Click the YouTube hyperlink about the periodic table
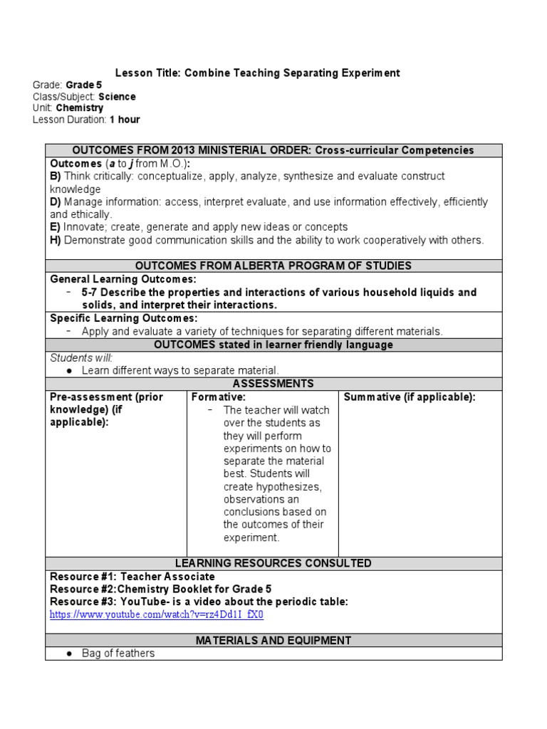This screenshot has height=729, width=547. tap(156, 614)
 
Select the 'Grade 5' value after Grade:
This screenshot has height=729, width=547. tap(84, 85)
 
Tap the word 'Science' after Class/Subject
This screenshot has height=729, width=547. tap(117, 96)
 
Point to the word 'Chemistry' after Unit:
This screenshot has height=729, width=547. tap(80, 107)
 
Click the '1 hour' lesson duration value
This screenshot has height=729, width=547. tap(125, 119)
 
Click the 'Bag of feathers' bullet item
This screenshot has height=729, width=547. tap(118, 653)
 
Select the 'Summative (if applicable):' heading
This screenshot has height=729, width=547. tap(409, 397)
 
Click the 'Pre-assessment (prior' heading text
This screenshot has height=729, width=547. tap(106, 397)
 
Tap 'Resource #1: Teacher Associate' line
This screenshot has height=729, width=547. tap(132, 576)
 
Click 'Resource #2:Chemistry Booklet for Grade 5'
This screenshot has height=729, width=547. tap(160, 589)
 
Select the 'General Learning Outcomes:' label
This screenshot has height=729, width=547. tap(123, 279)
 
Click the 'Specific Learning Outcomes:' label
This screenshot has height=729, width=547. tap(123, 318)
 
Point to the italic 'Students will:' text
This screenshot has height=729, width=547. tap(81, 357)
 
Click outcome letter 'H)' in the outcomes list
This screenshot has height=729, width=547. tap(56, 240)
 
